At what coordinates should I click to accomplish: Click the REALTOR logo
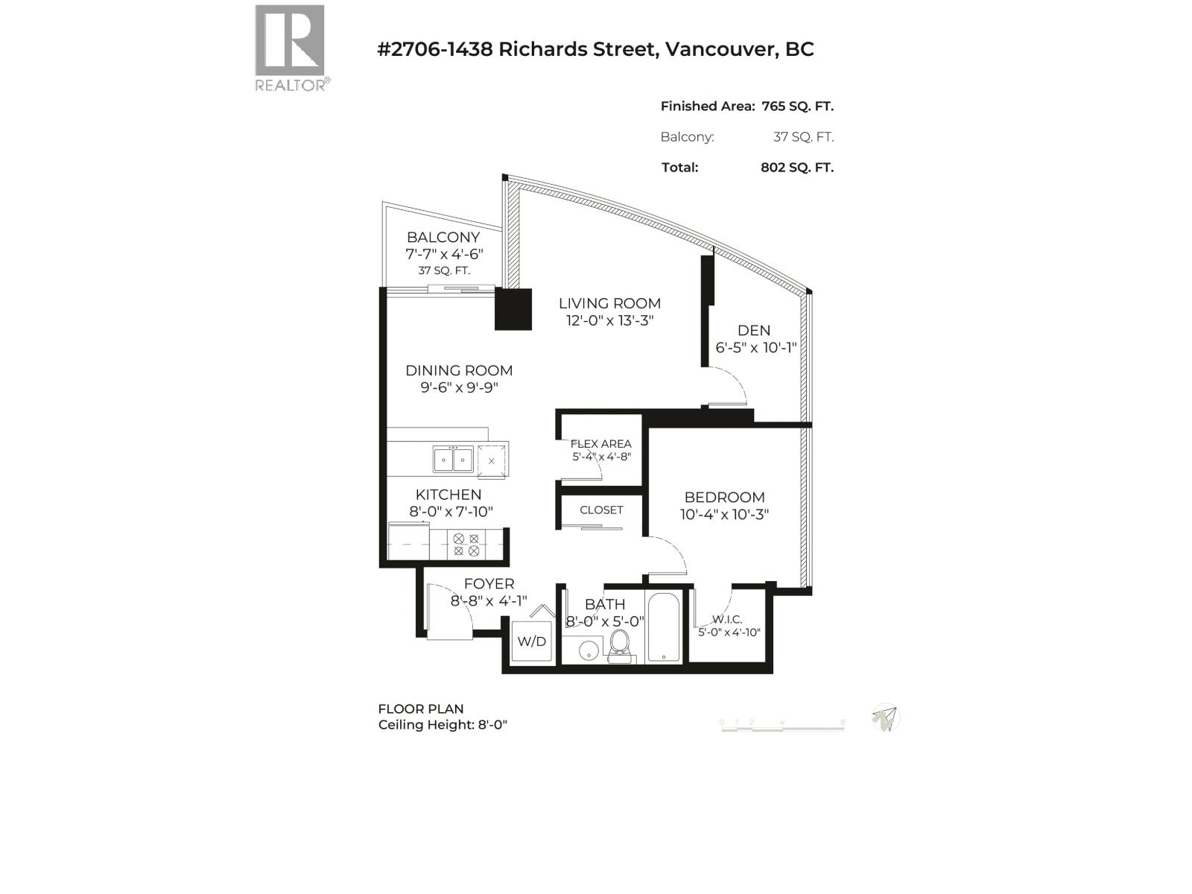pos(291,47)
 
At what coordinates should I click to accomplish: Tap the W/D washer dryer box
pos(532,641)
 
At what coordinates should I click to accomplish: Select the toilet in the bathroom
pos(620,645)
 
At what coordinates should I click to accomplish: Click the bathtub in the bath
pos(663,627)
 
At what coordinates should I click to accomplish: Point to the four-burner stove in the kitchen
pos(466,545)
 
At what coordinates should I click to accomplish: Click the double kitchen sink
pos(453,460)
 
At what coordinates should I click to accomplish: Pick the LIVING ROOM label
pos(609,303)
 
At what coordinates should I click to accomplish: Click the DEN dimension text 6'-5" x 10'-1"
pos(755,348)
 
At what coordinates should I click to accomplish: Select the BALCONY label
pos(443,237)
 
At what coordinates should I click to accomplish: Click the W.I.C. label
pos(727,619)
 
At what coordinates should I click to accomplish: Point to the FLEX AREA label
pos(600,444)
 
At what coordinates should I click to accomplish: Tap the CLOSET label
pos(601,510)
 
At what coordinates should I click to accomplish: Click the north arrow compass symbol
pos(885,718)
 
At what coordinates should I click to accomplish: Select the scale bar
pos(782,726)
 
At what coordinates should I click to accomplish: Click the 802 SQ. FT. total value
pos(796,168)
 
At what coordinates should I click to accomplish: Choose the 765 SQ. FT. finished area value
pos(797,107)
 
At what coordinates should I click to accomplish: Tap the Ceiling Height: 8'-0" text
pos(443,725)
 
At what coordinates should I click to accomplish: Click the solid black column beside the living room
pos(513,309)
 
